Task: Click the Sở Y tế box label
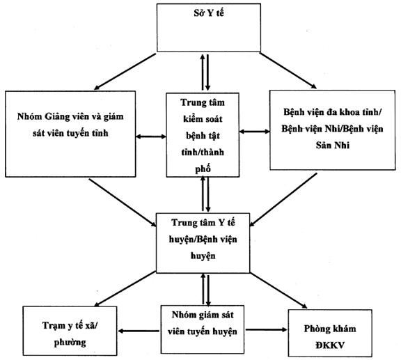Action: pyautogui.click(x=209, y=13)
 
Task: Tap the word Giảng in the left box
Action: pyautogui.click(x=57, y=117)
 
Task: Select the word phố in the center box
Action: pyautogui.click(x=203, y=169)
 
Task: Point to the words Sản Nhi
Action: pyautogui.click(x=333, y=146)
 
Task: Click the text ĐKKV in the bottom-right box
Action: pyautogui.click(x=330, y=345)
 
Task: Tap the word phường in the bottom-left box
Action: pyautogui.click(x=70, y=343)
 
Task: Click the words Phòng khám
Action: pyautogui.click(x=330, y=329)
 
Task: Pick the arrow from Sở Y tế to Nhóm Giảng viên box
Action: pyautogui.click(x=125, y=72)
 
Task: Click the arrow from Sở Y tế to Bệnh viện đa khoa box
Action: pyautogui.click(x=288, y=70)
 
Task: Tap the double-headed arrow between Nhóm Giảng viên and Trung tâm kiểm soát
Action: pyautogui.click(x=151, y=136)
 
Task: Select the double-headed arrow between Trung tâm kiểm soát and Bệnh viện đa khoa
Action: pyautogui.click(x=255, y=132)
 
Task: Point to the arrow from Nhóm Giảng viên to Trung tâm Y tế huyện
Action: pyautogui.click(x=123, y=203)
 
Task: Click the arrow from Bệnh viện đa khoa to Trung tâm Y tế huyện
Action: pyautogui.click(x=283, y=200)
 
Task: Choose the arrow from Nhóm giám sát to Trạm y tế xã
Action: pyautogui.click(x=139, y=331)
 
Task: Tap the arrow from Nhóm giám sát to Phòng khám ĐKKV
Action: pyautogui.click(x=267, y=329)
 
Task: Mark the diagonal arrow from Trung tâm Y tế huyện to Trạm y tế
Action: pyautogui.click(x=125, y=289)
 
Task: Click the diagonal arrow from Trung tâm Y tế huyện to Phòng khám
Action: pyautogui.click(x=278, y=290)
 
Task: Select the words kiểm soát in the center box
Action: pyautogui.click(x=203, y=119)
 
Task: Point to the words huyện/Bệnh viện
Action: pyautogui.click(x=203, y=240)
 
